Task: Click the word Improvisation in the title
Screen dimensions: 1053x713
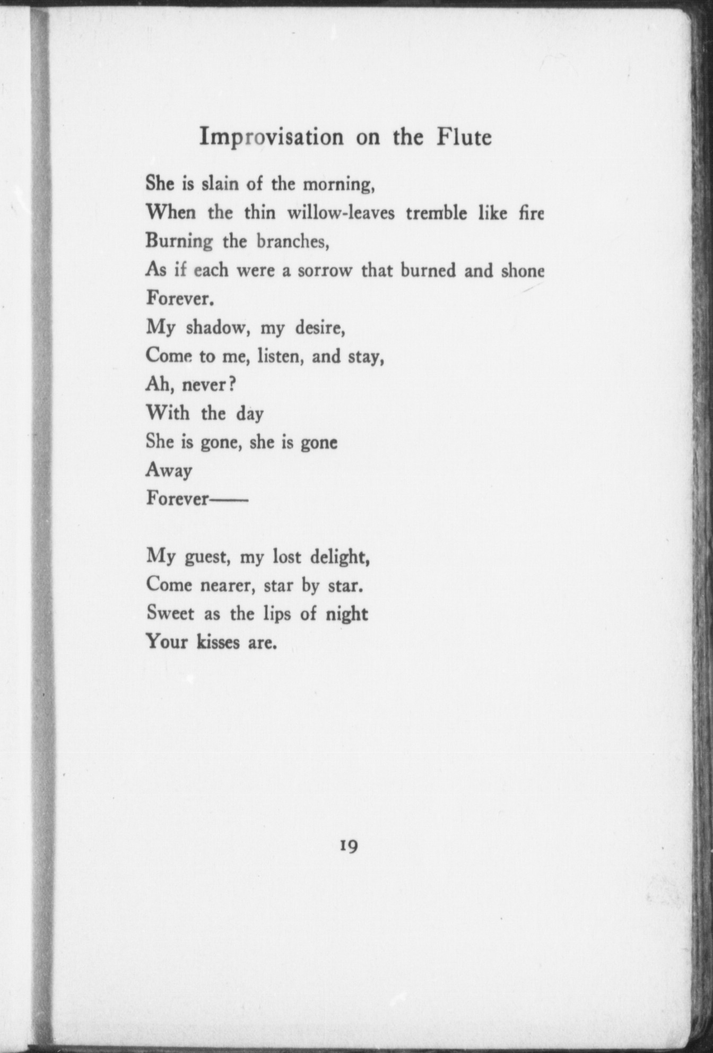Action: point(271,137)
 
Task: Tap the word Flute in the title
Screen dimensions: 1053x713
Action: point(464,137)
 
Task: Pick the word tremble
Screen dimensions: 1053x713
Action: point(437,213)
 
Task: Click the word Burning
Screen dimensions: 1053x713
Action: point(179,242)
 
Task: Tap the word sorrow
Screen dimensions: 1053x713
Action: point(325,271)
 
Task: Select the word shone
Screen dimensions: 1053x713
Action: point(523,271)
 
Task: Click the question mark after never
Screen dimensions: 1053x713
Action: point(231,384)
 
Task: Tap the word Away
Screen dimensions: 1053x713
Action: point(169,471)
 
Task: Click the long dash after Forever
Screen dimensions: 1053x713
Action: point(229,499)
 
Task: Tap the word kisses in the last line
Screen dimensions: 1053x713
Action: point(218,642)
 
